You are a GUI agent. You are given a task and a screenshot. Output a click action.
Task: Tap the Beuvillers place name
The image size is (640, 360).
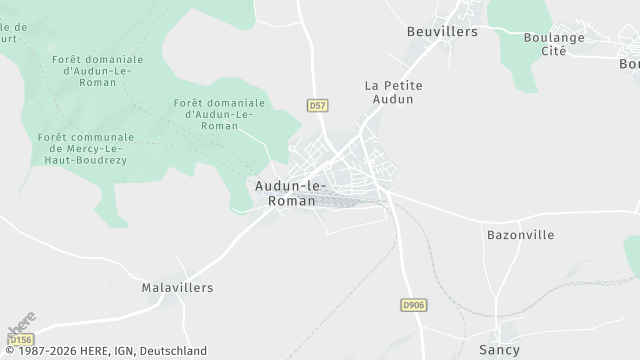coord(442,31)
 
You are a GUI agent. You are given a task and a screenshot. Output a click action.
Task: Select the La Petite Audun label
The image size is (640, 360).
coord(393,92)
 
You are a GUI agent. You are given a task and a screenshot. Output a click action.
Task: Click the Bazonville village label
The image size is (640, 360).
coord(520,234)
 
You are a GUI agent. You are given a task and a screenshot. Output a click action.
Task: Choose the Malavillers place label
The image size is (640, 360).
coord(178,287)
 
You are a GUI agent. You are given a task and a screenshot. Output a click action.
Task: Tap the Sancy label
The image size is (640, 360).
coord(499,350)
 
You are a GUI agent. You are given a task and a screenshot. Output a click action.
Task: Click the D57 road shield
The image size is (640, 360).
coord(317,104)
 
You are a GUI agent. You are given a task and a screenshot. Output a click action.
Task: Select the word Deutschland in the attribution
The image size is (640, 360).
coord(176,351)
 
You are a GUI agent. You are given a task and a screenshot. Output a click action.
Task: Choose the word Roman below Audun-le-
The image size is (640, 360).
coord(292,201)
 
